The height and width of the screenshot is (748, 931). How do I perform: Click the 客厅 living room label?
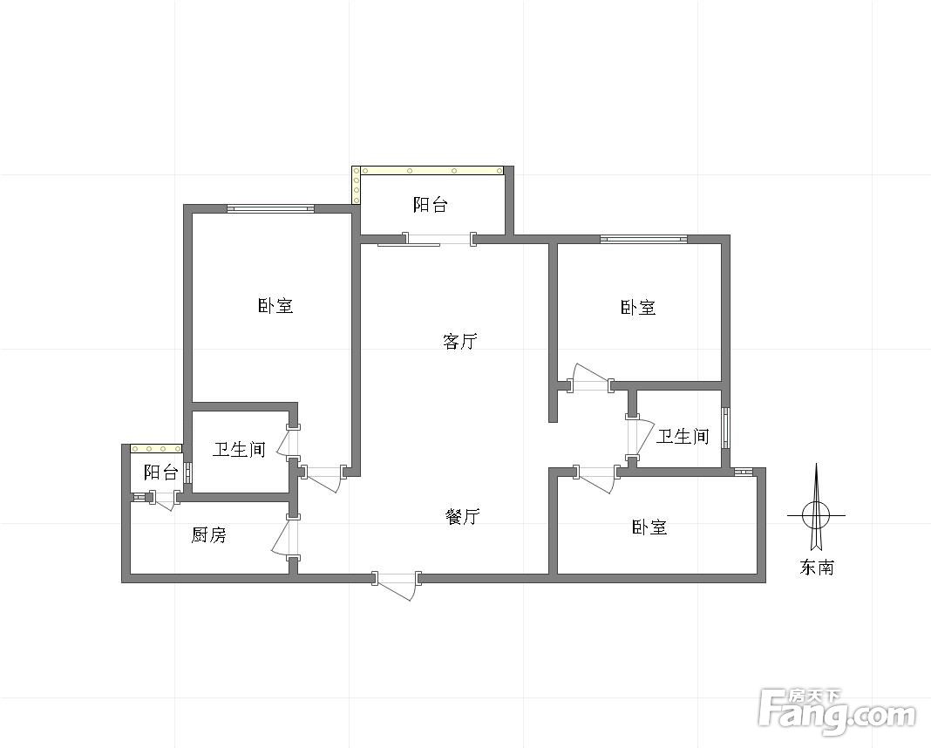coord(460,342)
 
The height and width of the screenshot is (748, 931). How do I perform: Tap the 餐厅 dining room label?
coord(463,516)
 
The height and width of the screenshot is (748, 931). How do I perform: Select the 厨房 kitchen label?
coord(209,535)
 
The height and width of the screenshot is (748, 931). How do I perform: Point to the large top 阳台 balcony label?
coord(430,205)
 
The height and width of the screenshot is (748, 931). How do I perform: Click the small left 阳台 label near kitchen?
coord(161,473)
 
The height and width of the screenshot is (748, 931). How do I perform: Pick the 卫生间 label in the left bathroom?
coord(239,449)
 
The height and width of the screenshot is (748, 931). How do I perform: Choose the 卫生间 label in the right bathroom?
coord(683,437)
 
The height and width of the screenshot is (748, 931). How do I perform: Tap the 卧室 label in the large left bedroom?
coord(275,306)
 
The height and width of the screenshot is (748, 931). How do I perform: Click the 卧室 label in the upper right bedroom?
coord(638,308)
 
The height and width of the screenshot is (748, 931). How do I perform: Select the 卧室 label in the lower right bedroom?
coord(649,527)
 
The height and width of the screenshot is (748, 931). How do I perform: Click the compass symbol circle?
coord(816,515)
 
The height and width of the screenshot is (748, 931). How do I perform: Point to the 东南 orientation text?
coord(817,568)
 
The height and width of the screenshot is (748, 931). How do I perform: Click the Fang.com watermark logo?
coord(837,710)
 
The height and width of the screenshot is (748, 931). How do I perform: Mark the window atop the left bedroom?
coord(270,208)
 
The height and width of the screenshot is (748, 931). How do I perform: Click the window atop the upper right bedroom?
coord(643,239)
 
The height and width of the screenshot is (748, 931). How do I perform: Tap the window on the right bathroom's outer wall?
coord(725,427)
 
